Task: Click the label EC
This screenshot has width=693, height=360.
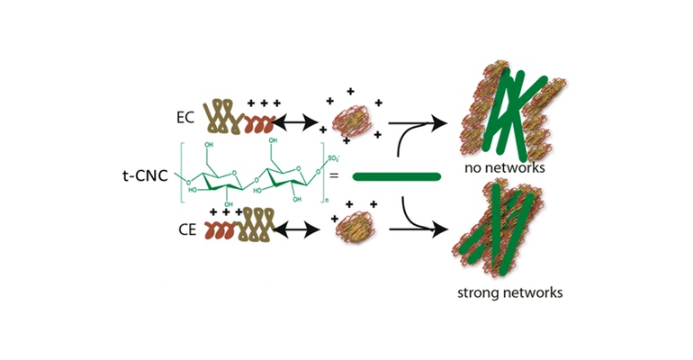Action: coord(186,117)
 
